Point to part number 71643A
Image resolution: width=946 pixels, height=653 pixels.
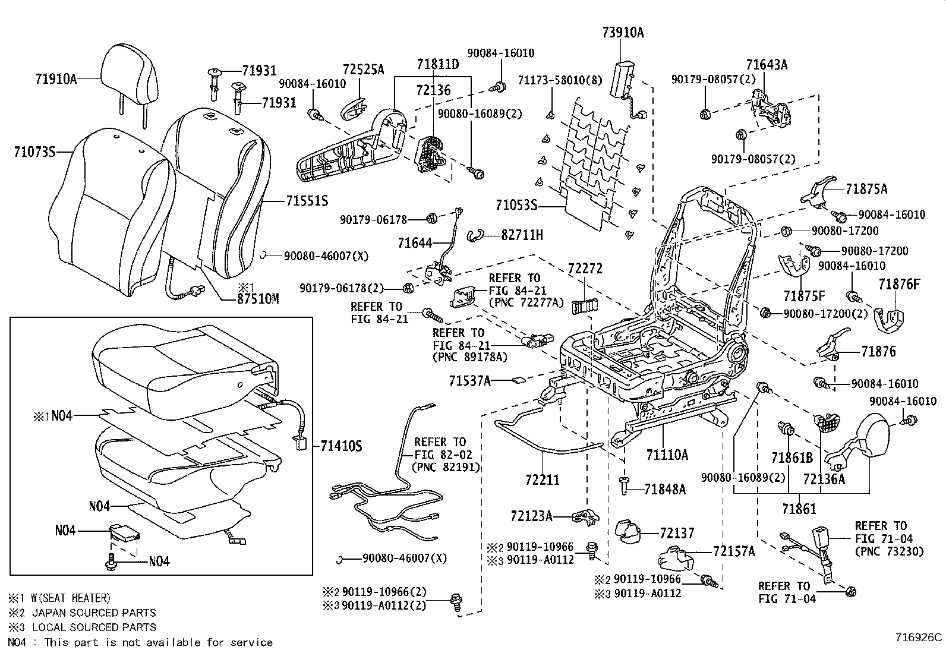(767, 65)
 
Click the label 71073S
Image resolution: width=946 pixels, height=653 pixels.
(34, 152)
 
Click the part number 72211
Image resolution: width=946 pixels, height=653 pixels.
(542, 479)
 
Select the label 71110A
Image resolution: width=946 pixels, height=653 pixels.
(667, 455)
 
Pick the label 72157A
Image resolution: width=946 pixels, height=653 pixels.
(733, 551)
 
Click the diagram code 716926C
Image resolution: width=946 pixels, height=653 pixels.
(919, 638)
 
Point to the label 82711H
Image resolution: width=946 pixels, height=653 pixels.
(522, 235)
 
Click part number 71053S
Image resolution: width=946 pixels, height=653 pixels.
(516, 206)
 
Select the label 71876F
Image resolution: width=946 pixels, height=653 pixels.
(898, 285)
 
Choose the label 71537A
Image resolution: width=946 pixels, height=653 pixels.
(470, 380)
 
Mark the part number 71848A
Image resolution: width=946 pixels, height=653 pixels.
(665, 489)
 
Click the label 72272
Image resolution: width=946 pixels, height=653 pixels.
(585, 269)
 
